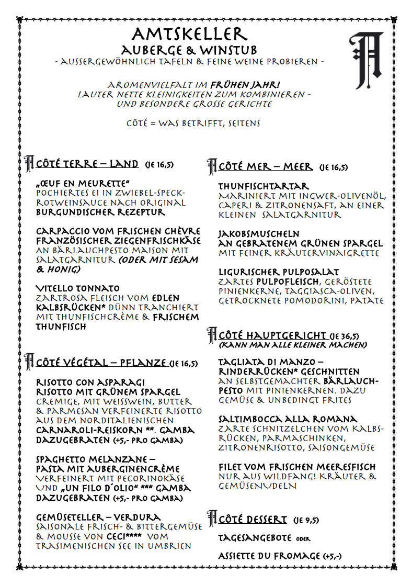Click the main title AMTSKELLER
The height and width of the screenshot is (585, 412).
click(189, 35)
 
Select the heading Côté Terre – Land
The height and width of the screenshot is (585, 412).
click(87, 164)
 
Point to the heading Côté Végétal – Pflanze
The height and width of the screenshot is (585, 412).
click(101, 363)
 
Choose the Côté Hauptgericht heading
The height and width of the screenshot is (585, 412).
click(272, 335)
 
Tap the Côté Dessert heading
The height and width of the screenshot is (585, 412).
click(253, 520)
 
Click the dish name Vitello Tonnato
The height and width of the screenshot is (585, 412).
click(77, 288)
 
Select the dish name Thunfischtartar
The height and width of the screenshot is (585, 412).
click(264, 186)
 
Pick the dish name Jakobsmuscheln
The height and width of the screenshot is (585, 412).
click(259, 234)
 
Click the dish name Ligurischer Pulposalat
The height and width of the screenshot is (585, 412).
click(278, 272)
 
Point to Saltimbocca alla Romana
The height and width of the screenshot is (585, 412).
click(288, 419)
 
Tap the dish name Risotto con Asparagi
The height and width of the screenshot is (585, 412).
click(90, 383)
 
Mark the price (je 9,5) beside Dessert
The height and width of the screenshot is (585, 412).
click(306, 520)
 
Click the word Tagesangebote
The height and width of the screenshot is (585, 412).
click(255, 538)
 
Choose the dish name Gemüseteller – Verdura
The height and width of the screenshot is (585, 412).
click(98, 517)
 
